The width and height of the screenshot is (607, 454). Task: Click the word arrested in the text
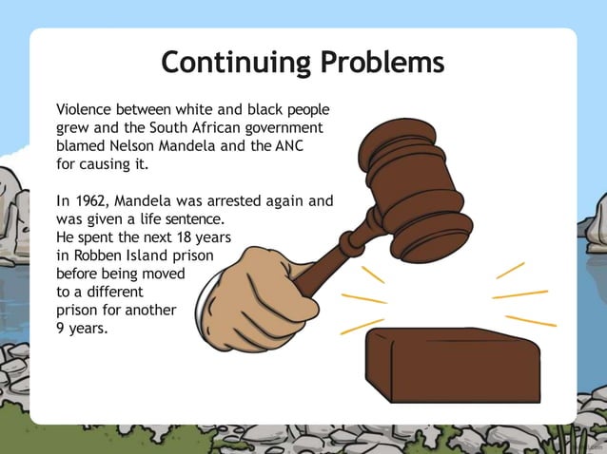[x=245, y=200]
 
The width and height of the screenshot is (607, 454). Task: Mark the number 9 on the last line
[x=62, y=328]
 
